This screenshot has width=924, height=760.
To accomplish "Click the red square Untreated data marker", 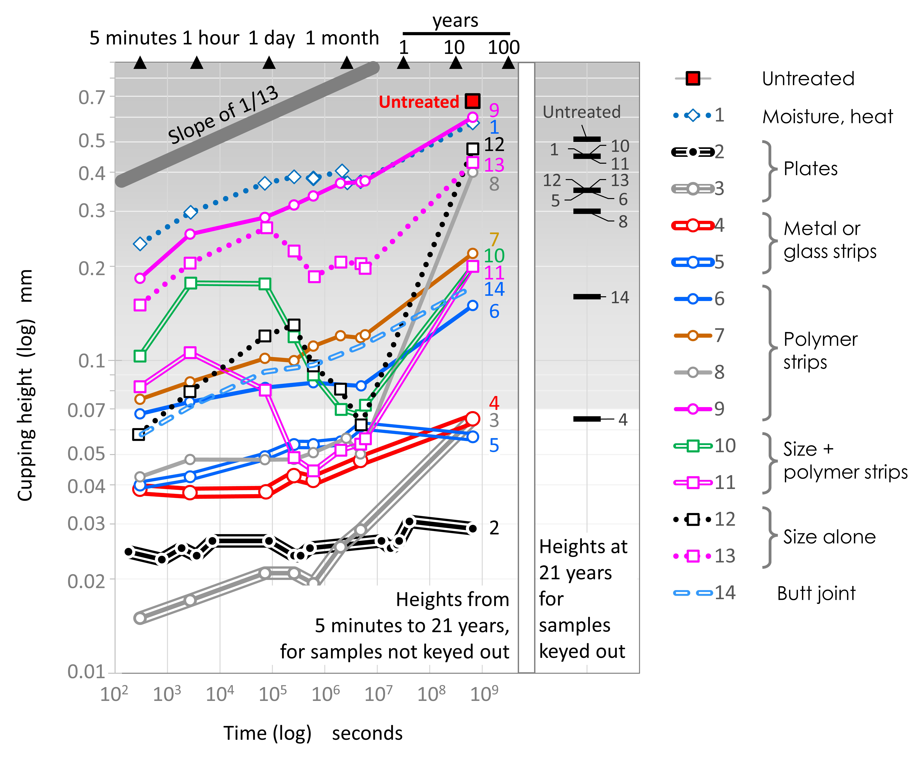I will pyautogui.click(x=472, y=101).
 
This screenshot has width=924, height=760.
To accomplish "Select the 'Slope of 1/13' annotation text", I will pyautogui.click(x=223, y=115).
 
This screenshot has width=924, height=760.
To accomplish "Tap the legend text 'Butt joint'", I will pyautogui.click(x=816, y=593).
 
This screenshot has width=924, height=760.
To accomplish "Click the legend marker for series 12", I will pyautogui.click(x=693, y=520).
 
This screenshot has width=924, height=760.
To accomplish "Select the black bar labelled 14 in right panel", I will pyautogui.click(x=587, y=297).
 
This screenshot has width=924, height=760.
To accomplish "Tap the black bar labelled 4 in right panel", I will pyautogui.click(x=587, y=419).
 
